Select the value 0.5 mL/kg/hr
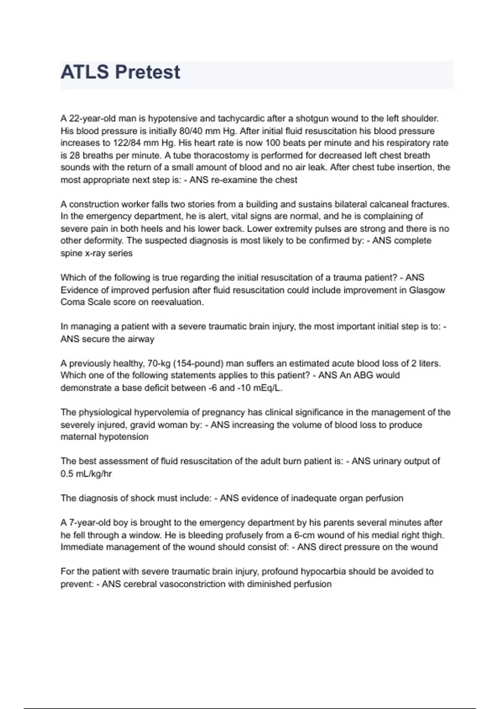[x=86, y=474]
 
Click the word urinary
[x=389, y=461]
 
